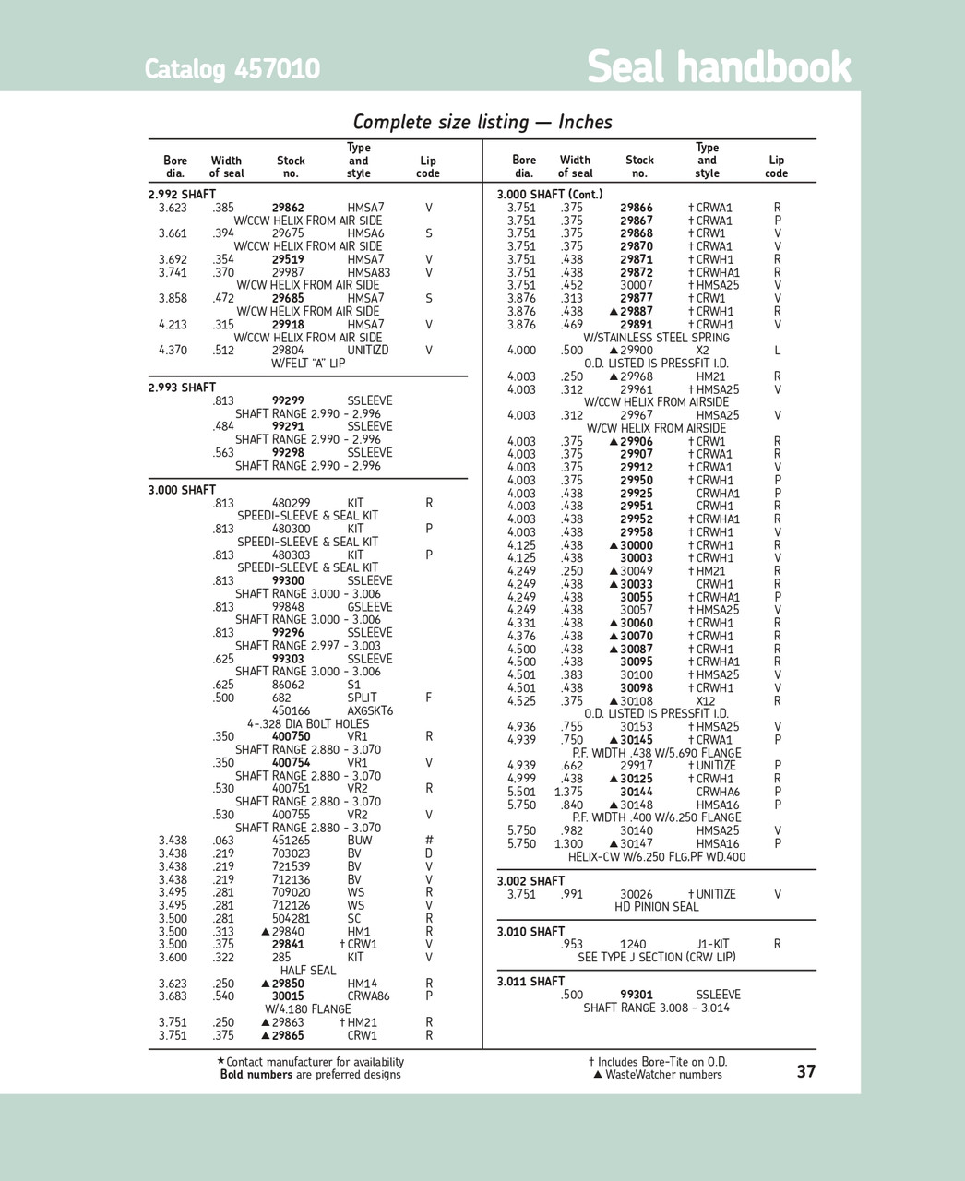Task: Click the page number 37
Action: [805, 1071]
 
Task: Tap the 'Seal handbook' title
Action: [719, 67]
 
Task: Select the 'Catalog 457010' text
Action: [232, 69]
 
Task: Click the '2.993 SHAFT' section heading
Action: [182, 388]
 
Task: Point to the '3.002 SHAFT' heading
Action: [530, 881]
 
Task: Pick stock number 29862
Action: [288, 208]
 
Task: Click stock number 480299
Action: [291, 503]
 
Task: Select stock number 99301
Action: [637, 995]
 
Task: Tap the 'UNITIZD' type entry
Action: [368, 351]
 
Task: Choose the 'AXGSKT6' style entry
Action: [370, 711]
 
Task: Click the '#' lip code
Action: [429, 841]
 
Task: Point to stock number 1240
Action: [633, 944]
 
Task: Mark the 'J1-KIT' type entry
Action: [712, 944]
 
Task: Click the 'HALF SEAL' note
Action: [308, 971]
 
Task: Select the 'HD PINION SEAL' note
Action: [657, 907]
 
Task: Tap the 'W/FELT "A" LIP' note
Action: [308, 364]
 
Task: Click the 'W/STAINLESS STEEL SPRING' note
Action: [656, 338]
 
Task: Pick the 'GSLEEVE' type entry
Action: [370, 607]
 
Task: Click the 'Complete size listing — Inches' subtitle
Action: [482, 122]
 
